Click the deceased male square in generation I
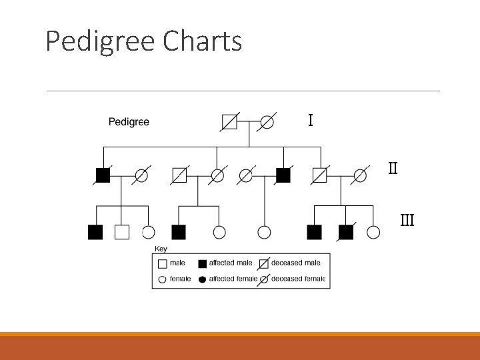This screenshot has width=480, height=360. pos(229,122)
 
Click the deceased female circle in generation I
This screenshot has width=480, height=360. pos(267,122)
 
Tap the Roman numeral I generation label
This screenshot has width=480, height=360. pos(311,121)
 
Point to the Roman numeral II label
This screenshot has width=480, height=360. pos(393,168)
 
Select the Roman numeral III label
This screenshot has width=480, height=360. pos(407,219)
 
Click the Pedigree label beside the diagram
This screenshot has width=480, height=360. pos(129,122)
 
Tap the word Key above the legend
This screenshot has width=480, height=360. pos(161,249)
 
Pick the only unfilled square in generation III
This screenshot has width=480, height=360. pos(121,232)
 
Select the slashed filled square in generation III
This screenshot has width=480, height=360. pos(345,232)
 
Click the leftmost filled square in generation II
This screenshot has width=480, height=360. pos(103,175)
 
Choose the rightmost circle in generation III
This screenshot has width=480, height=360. pos(374,232)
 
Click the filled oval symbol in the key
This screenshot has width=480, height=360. pos(202,279)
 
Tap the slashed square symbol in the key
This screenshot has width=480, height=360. pos(264,263)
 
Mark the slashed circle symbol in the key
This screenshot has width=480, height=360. pos(264,279)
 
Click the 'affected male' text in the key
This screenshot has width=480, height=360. pos(231,263)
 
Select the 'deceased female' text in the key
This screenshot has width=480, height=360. pos(299,279)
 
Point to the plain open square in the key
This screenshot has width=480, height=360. pos(162,263)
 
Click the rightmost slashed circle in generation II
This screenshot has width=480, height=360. pos(361,175)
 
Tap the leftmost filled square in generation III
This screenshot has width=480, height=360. pos(95,232)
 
